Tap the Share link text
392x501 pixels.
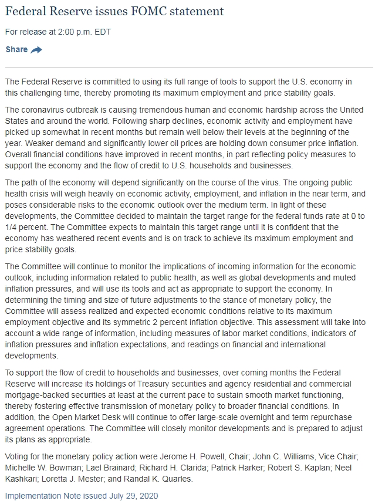click(x=16, y=49)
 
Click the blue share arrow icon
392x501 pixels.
click(x=36, y=50)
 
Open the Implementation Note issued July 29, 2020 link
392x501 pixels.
click(x=81, y=496)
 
